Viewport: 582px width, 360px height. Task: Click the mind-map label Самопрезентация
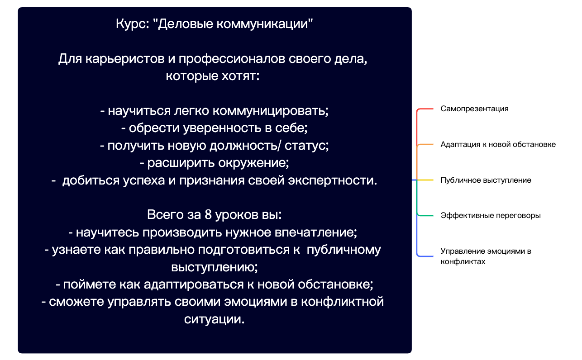(474, 109)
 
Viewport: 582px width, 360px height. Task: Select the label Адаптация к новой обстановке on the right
(498, 145)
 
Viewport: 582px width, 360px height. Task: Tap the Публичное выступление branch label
(486, 180)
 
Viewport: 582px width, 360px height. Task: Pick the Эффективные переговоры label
(491, 216)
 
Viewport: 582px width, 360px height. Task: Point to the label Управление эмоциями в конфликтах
(486, 256)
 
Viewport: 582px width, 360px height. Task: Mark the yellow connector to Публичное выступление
(425, 180)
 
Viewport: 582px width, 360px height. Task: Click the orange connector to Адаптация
(425, 145)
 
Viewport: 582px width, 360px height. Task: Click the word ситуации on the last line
(215, 319)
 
